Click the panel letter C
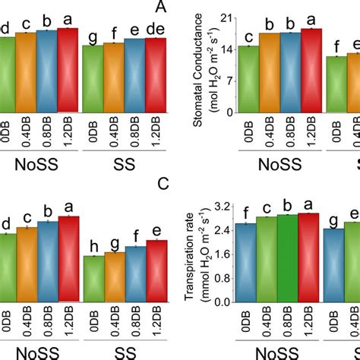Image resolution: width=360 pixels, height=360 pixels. pyautogui.click(x=161, y=183)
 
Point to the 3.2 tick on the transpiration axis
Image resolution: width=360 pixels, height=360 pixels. pyautogui.click(x=222, y=207)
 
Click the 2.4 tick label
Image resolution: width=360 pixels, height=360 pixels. pyautogui.click(x=222, y=230)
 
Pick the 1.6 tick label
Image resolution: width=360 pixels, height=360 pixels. pyautogui.click(x=222, y=254)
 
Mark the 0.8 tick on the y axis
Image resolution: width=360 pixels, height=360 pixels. pyautogui.click(x=222, y=278)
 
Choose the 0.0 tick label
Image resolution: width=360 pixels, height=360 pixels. pyautogui.click(x=222, y=302)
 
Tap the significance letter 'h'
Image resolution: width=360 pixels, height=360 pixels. pyautogui.click(x=93, y=246)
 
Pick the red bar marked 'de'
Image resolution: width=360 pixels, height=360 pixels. pyautogui.click(x=155, y=72)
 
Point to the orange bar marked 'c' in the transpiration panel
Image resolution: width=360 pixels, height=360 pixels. pyautogui.click(x=267, y=258)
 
